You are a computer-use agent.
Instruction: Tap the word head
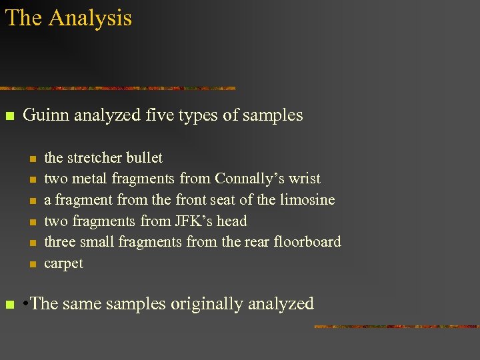point(232,221)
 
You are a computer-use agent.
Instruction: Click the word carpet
point(63,263)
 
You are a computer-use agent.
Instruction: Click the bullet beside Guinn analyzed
point(9,117)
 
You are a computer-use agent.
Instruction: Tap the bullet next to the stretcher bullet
point(31,159)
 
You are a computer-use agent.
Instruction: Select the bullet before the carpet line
point(31,265)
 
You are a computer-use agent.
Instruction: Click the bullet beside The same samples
point(9,305)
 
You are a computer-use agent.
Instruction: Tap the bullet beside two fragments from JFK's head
point(31,222)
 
